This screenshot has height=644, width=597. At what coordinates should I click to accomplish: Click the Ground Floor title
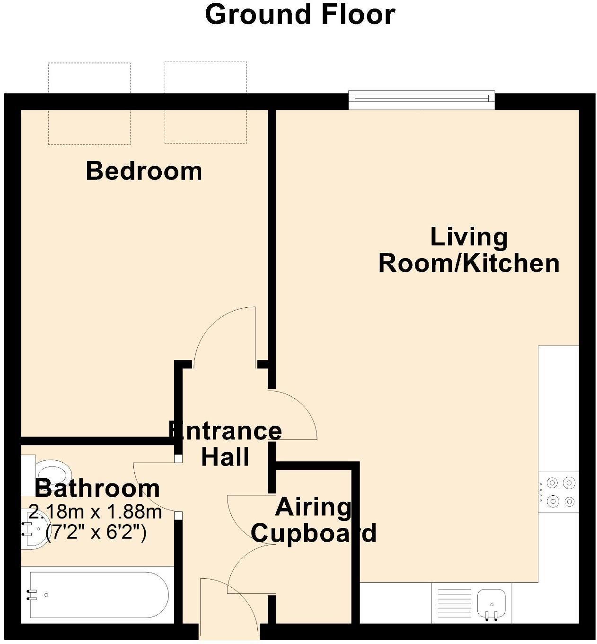point(300,15)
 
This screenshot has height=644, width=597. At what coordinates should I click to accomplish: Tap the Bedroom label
point(144,171)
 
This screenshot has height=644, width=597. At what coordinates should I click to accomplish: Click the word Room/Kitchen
point(469,263)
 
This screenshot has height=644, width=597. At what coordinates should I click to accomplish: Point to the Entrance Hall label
point(226,443)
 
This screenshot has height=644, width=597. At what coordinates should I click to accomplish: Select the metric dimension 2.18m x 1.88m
point(95,512)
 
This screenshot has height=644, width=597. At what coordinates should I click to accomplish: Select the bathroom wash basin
point(35,529)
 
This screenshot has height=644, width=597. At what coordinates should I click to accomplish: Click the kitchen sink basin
point(492,604)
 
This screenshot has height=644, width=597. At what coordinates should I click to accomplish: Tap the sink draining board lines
point(454,603)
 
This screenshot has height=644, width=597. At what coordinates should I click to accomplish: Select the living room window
point(421,100)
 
